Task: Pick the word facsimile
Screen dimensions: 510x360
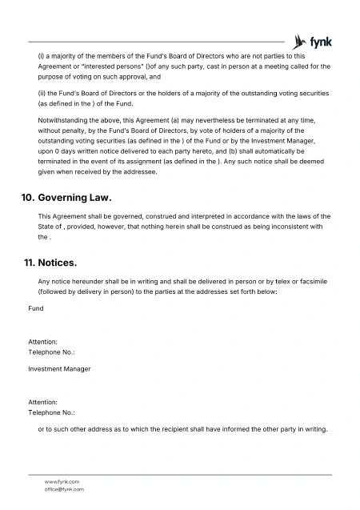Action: coord(314,282)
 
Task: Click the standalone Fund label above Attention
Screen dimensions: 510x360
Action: coord(36,307)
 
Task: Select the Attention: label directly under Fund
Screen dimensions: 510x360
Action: coord(43,342)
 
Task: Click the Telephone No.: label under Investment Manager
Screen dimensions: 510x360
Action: coord(51,412)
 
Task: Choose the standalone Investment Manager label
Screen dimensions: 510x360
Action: coord(59,369)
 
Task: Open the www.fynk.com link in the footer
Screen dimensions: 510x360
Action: coord(62,481)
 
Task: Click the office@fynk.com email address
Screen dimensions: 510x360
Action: coord(64,488)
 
